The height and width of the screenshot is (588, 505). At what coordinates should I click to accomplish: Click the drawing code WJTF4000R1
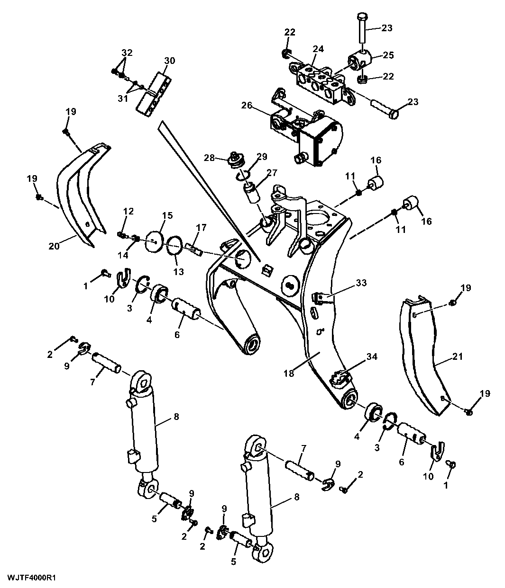click(32, 578)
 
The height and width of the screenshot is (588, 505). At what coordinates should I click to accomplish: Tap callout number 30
click(169, 61)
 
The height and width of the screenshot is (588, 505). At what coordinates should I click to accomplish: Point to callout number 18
click(289, 373)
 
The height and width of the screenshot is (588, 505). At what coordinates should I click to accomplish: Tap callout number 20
click(54, 245)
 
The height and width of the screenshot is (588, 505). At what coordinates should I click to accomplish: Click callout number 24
click(318, 49)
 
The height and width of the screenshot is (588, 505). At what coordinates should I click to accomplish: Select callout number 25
click(388, 55)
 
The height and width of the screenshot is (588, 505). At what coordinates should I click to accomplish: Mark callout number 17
click(201, 228)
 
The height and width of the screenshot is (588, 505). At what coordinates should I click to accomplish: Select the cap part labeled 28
click(235, 160)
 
